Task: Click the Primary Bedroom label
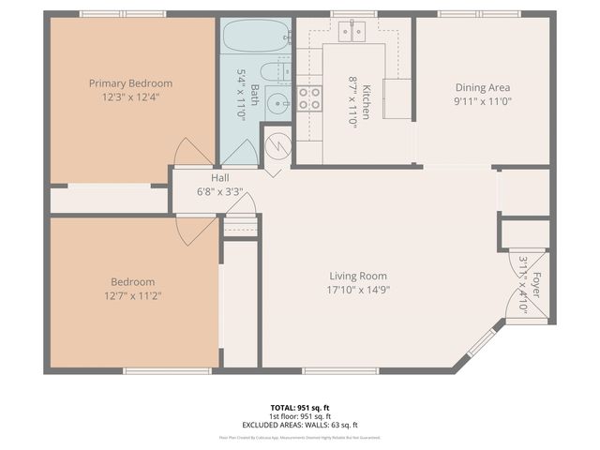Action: tap(130, 83)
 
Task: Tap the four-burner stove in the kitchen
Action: tap(309, 97)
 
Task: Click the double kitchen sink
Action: tap(353, 32)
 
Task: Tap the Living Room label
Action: tap(358, 276)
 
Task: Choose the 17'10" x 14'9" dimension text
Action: tap(358, 291)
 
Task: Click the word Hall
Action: tap(220, 177)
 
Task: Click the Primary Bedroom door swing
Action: tap(193, 153)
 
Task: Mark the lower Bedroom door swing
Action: tap(195, 230)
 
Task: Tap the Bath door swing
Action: tap(240, 153)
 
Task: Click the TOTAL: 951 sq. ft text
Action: tap(299, 407)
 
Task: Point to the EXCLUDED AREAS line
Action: tap(299, 424)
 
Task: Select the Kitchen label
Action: tap(367, 100)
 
